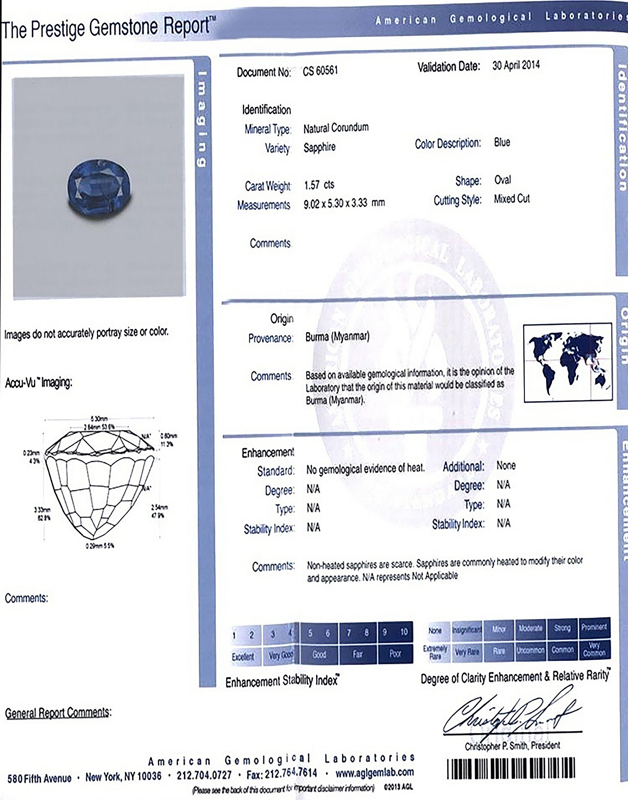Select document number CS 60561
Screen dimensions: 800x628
320,71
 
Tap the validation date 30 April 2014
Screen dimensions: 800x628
515,65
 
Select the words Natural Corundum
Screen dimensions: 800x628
336,128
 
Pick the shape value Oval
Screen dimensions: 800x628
502,180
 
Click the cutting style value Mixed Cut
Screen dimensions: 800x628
512,199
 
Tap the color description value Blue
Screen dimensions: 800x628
502,142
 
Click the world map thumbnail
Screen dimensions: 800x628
567,362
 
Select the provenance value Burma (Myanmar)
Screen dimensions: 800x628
337,337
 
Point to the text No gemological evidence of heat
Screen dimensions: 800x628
365,468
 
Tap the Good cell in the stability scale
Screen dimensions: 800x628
319,654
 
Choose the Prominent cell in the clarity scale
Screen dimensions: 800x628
594,627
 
